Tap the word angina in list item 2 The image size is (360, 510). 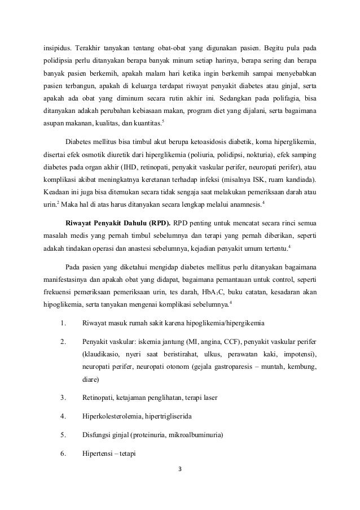click(x=210, y=343)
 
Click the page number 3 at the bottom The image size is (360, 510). click(x=180, y=468)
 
